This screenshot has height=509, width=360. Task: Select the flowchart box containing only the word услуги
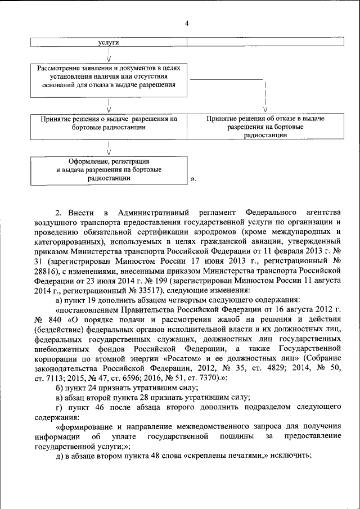coord(108,43)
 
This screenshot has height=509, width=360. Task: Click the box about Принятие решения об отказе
coord(265,127)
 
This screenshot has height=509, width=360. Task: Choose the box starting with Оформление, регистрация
coord(108,169)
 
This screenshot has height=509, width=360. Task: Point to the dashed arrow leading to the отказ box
coord(265,96)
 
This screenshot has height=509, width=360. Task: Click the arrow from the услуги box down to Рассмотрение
coord(108,55)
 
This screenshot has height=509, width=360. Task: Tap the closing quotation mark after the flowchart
coord(193,179)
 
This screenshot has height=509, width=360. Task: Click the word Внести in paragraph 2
coord(81,213)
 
